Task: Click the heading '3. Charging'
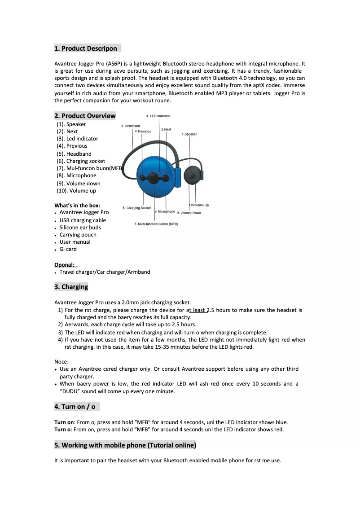(x=71, y=287)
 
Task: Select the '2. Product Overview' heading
(x=85, y=116)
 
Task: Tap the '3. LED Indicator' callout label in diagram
(x=158, y=116)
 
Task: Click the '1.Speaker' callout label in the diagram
(x=189, y=134)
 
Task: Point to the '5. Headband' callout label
(x=131, y=126)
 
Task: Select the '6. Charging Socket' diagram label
(x=136, y=208)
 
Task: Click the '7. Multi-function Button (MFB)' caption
(x=156, y=224)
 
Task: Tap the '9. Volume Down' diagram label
(x=189, y=213)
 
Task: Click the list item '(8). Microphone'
(x=76, y=176)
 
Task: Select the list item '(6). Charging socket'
(x=81, y=161)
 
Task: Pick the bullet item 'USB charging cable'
(x=83, y=220)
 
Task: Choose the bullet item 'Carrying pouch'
(x=78, y=235)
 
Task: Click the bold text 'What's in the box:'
(x=77, y=206)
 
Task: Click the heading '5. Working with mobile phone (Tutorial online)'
(x=125, y=445)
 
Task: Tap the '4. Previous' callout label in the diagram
(x=143, y=132)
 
